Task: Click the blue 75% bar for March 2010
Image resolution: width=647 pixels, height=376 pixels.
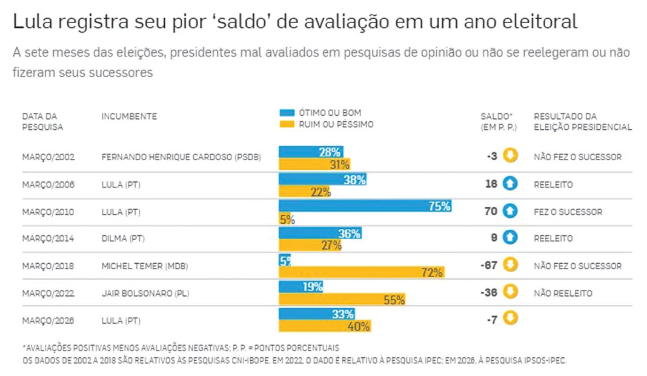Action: [365, 206]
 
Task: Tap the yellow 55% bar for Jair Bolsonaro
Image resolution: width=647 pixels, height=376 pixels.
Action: [342, 300]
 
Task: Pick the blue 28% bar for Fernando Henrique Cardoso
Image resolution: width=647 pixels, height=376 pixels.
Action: [311, 152]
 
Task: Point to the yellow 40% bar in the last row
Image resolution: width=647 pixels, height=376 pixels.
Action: [325, 326]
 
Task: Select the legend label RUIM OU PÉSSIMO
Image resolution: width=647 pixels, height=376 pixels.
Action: [336, 124]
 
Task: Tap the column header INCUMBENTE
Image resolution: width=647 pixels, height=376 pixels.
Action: [129, 116]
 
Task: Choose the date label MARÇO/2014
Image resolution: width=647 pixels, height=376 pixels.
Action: [48, 239]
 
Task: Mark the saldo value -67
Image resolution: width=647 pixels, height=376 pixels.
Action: [488, 266]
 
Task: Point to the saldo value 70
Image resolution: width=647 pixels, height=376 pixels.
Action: [491, 212]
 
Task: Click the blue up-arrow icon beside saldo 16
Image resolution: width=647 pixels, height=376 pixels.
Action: [510, 184]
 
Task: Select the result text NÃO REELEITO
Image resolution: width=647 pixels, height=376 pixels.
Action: [563, 294]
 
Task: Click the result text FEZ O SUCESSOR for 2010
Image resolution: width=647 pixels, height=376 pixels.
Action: [568, 212]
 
